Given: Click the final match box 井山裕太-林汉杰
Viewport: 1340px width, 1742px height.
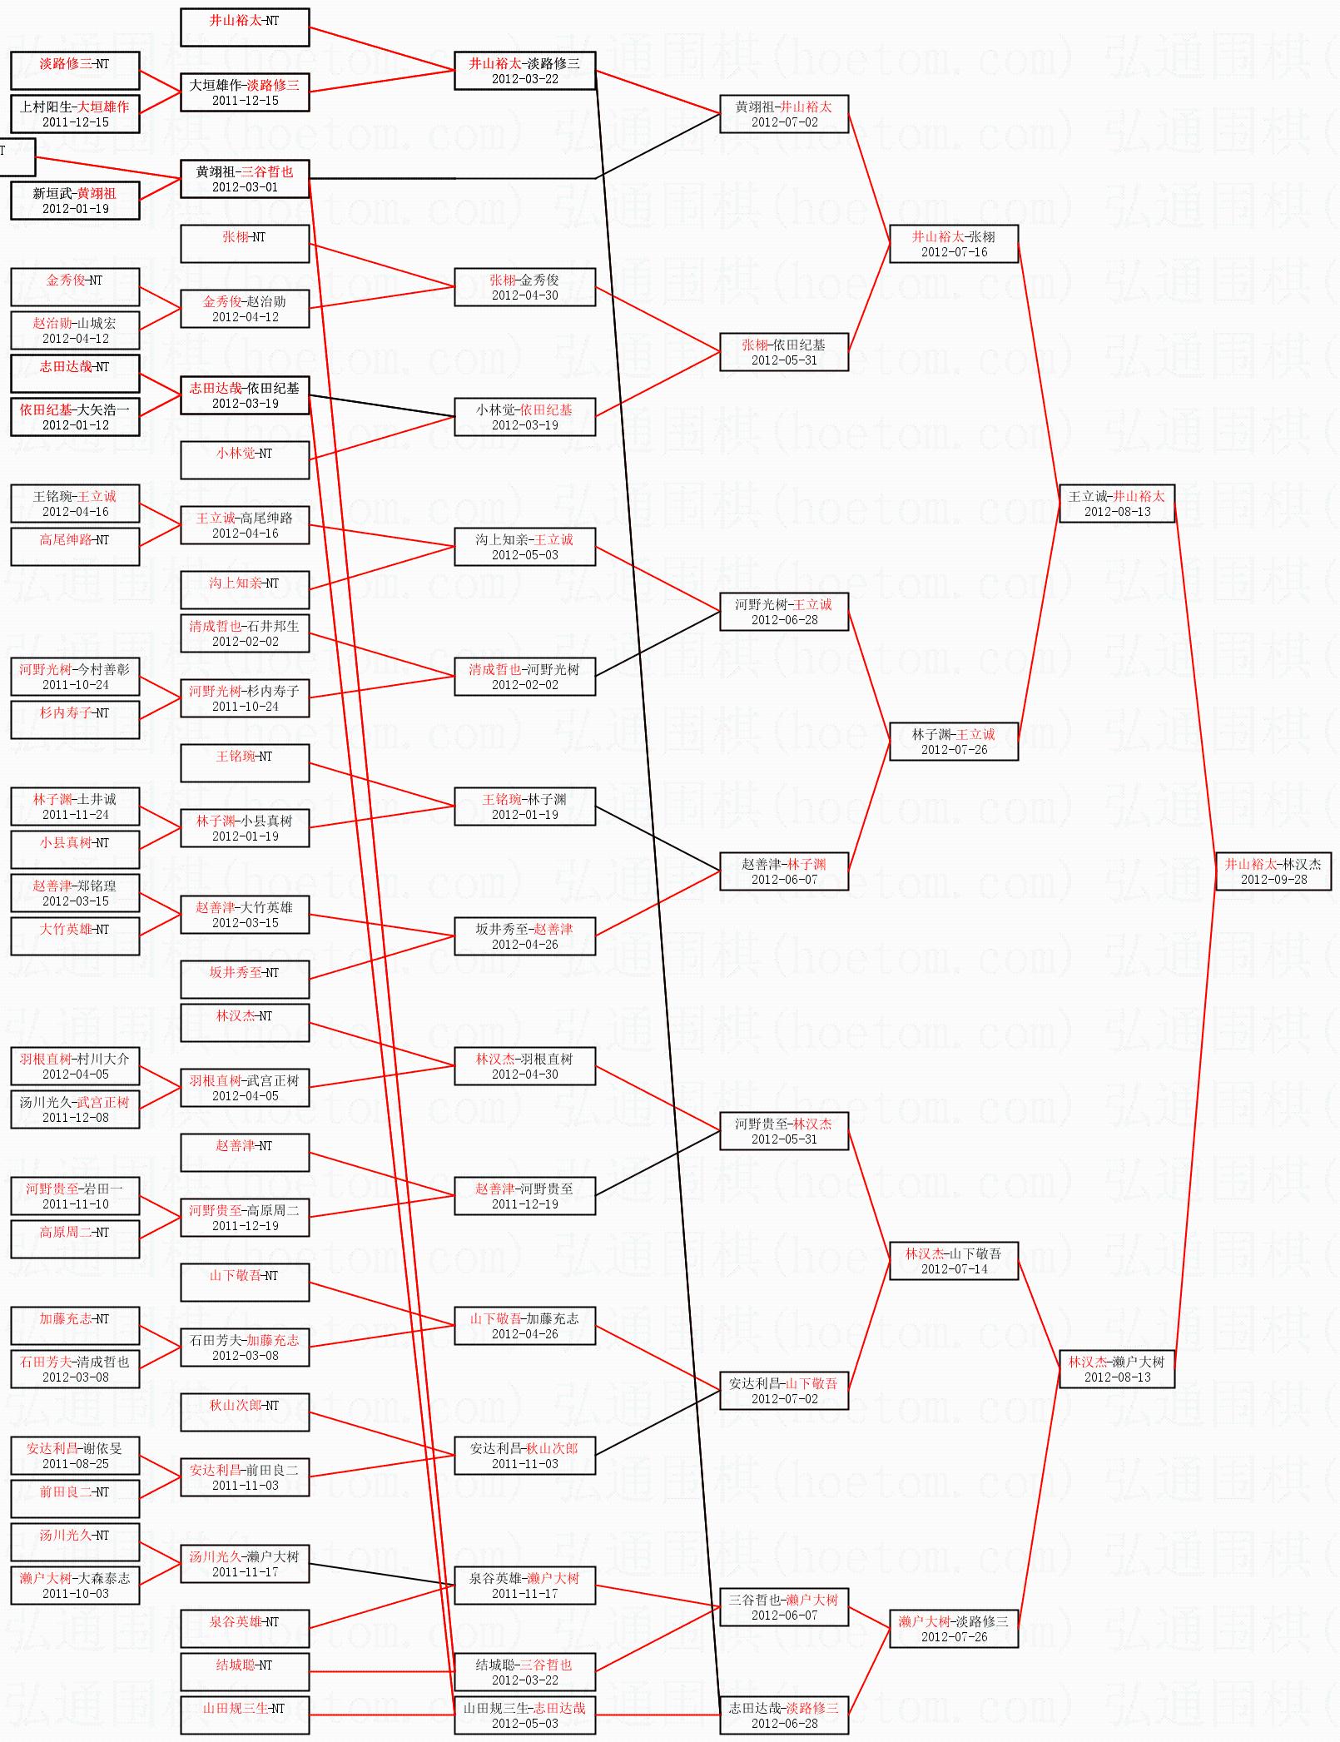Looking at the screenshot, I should (x=1273, y=871).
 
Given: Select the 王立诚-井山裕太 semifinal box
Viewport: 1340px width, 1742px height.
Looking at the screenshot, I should (x=1117, y=504).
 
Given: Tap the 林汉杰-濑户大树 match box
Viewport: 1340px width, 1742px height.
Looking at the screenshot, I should (x=1117, y=1369).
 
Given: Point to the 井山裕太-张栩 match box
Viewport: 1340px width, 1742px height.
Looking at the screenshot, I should (x=954, y=244).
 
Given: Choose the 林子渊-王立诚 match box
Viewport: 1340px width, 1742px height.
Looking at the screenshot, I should (x=954, y=742).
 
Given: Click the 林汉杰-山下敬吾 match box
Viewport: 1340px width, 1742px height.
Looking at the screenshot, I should (x=954, y=1261).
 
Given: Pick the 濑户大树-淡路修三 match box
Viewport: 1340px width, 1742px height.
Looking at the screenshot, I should (x=954, y=1629).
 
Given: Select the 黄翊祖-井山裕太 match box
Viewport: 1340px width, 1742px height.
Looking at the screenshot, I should (x=784, y=114).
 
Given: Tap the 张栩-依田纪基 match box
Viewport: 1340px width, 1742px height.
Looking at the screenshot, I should (x=784, y=352).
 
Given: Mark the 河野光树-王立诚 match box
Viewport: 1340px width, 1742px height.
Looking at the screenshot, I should (x=784, y=612).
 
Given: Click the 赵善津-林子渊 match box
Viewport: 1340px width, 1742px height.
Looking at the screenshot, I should (x=784, y=871).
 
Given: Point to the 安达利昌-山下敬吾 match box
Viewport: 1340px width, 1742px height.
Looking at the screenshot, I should (x=784, y=1391).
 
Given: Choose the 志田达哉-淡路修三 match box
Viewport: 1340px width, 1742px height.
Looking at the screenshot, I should (x=784, y=1715).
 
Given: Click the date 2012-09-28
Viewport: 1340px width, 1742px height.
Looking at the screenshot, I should (x=1273, y=880).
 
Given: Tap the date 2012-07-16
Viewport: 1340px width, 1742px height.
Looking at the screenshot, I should (x=954, y=252).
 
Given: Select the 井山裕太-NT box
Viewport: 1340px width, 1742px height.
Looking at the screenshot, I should (x=245, y=27).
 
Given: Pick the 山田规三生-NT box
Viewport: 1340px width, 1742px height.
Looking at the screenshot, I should (x=245, y=1715).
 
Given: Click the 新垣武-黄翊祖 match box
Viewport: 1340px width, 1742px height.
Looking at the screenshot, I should (x=75, y=201).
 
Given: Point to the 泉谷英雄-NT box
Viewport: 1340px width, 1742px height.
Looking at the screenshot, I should (x=245, y=1628).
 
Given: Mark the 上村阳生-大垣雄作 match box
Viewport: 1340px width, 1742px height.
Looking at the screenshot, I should (x=75, y=114).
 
